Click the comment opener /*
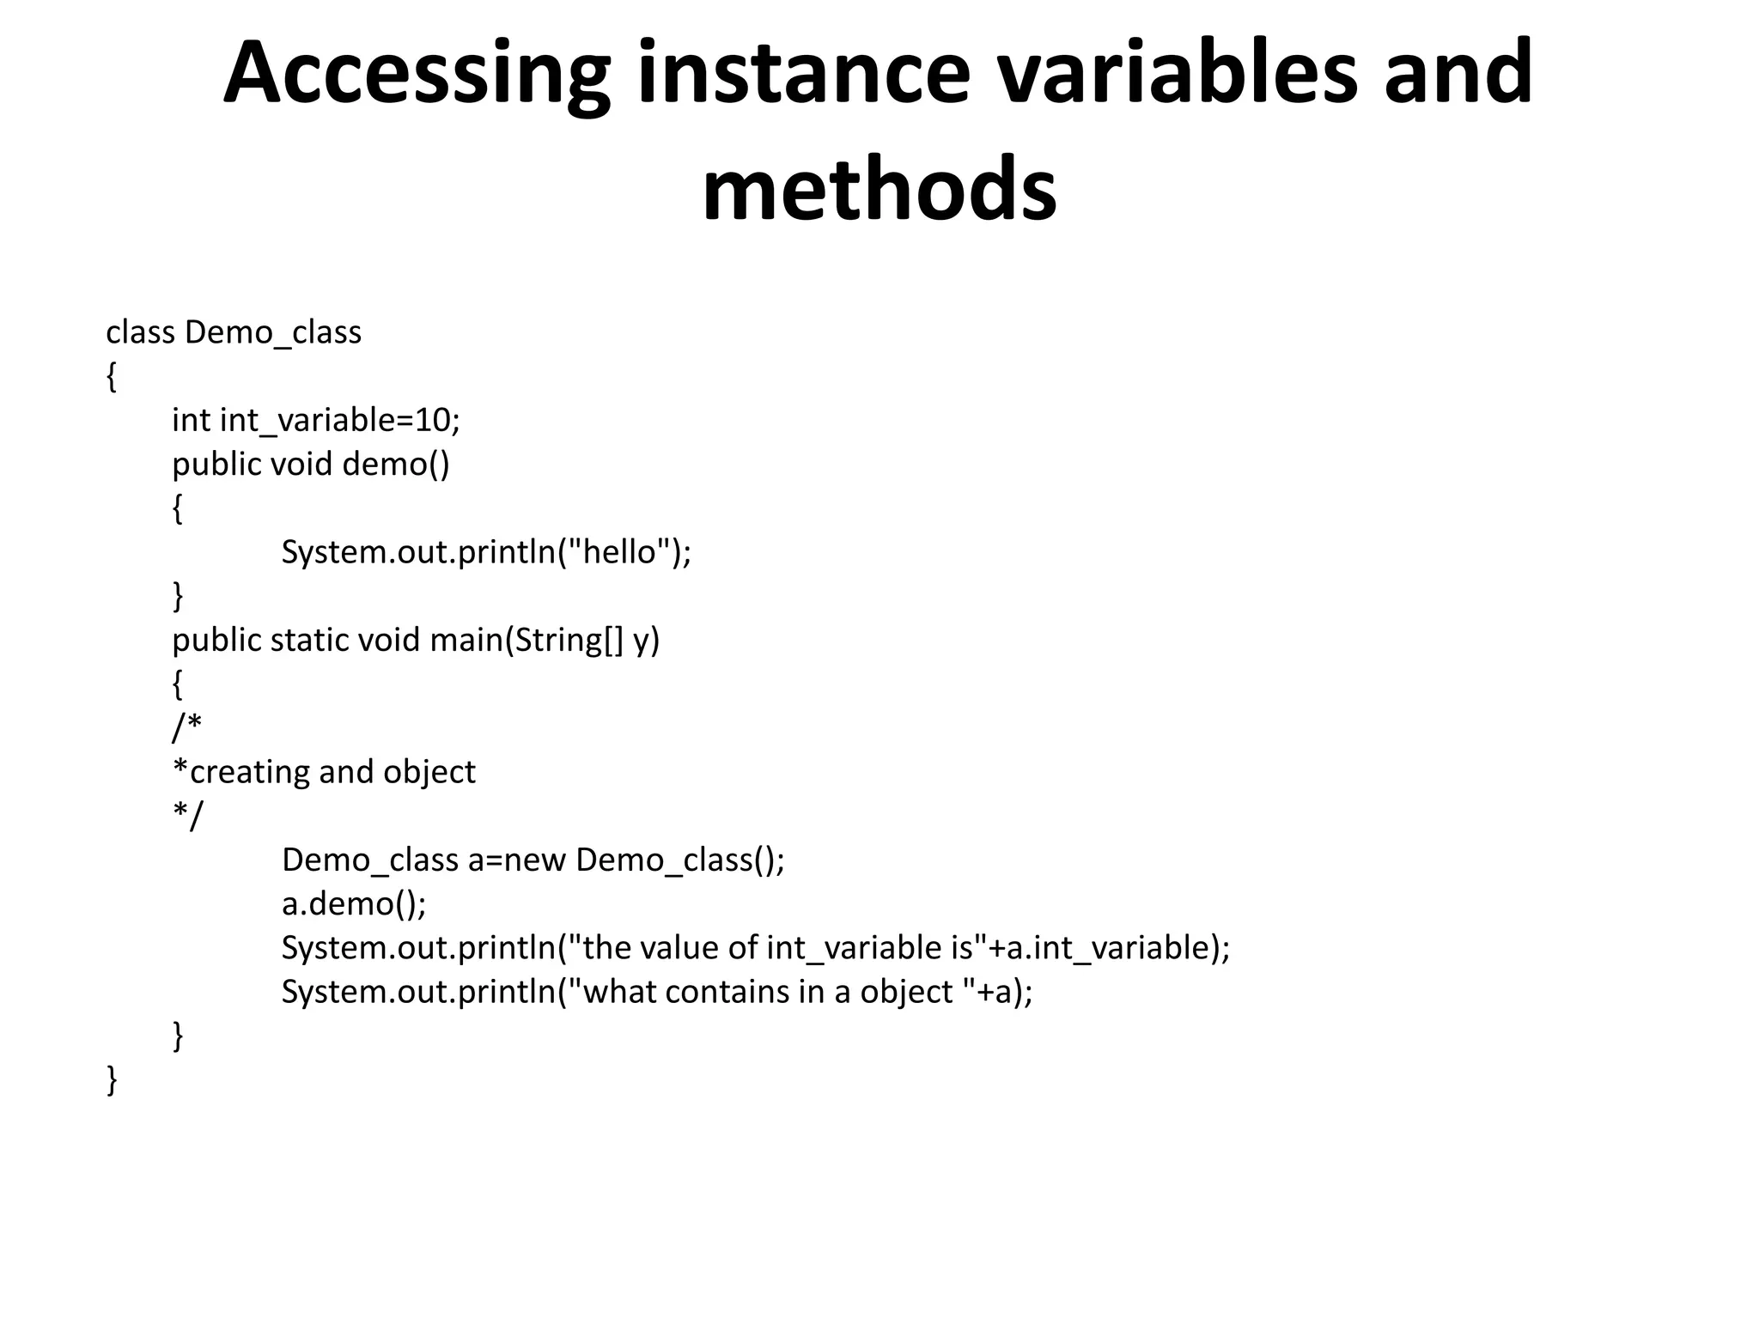(x=186, y=726)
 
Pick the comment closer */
(x=187, y=814)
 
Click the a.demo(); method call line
(x=354, y=903)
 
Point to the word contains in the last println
(x=727, y=992)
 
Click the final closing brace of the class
(x=111, y=1079)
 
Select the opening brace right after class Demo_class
(x=111, y=376)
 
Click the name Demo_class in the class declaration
(x=273, y=332)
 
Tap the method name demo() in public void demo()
(x=395, y=464)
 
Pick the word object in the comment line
(x=429, y=772)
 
